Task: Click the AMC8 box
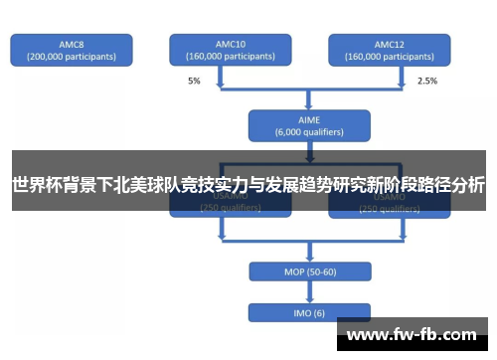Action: [x=73, y=51]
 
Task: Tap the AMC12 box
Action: [x=389, y=51]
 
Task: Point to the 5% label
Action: [x=194, y=81]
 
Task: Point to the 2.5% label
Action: [x=427, y=81]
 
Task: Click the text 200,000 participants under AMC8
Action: [x=73, y=57]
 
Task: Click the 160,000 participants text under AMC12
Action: [x=389, y=57]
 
